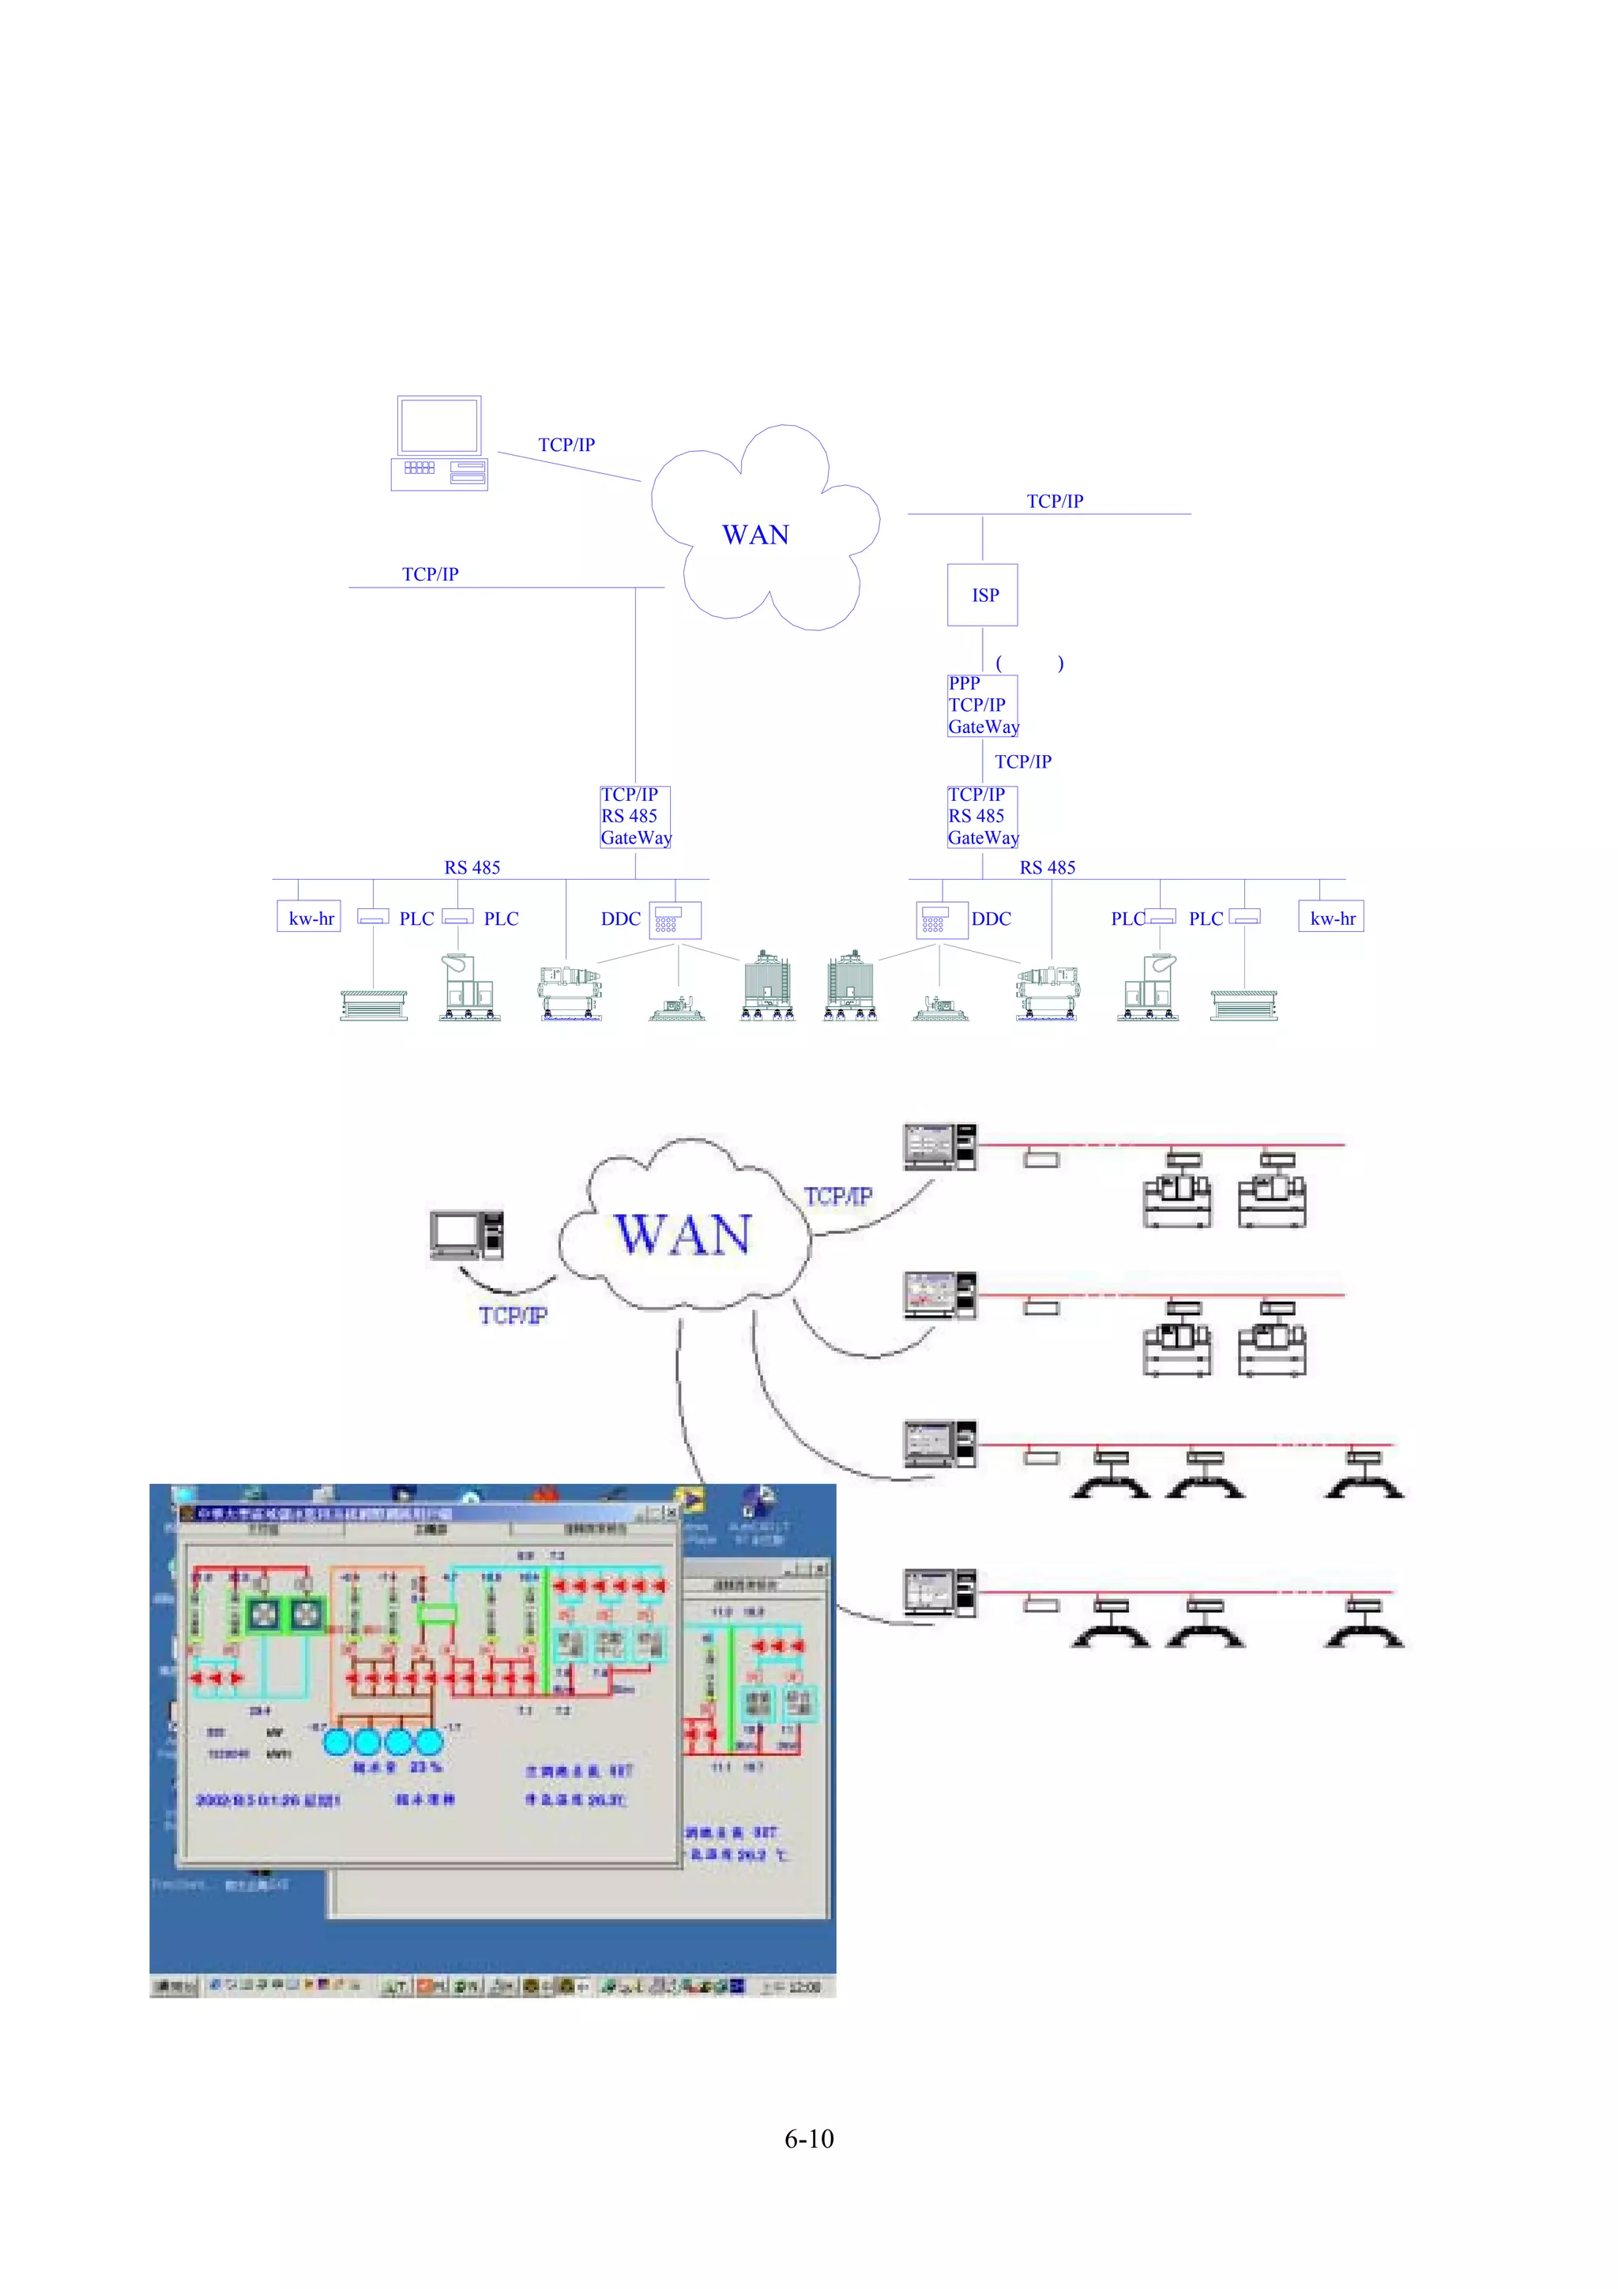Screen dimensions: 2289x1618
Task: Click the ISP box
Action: tap(981, 596)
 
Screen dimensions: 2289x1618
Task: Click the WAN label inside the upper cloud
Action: tap(754, 536)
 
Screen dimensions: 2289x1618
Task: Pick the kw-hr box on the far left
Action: tap(309, 917)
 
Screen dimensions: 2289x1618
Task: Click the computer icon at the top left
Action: tap(438, 444)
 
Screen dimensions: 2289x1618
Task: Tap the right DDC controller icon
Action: tap(940, 919)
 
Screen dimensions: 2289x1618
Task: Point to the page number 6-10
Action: tap(808, 2137)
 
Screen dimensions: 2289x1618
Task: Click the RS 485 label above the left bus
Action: tap(472, 867)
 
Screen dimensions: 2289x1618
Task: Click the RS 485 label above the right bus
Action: tap(1047, 867)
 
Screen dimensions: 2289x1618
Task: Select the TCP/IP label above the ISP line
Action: tap(1054, 502)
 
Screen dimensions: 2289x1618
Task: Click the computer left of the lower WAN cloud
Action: tap(465, 1236)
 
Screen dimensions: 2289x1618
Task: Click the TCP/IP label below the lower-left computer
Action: tap(513, 1315)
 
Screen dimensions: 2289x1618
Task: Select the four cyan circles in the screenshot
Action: tap(383, 1742)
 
